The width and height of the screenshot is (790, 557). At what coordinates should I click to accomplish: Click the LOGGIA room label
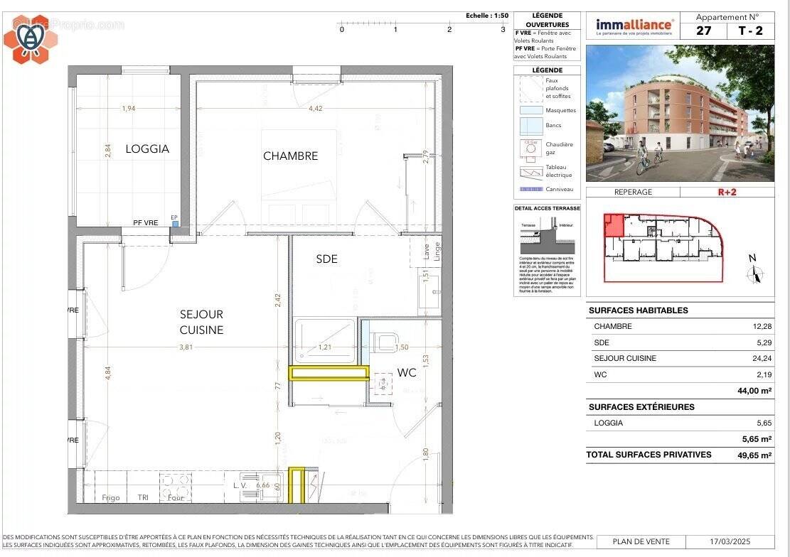tap(147, 148)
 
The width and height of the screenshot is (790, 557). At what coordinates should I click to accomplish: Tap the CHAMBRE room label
tap(290, 156)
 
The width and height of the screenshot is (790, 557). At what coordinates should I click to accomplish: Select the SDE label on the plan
tap(326, 259)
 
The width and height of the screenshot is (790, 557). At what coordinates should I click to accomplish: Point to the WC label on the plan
tap(406, 372)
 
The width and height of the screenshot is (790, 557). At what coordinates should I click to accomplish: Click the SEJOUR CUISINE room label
tap(201, 322)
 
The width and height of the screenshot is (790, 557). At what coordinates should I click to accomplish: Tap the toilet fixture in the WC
tap(385, 342)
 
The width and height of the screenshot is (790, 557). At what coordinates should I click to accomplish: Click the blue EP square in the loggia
tap(175, 223)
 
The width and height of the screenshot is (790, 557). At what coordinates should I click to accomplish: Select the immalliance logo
tap(634, 26)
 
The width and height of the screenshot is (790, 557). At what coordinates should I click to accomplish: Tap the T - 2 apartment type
tap(749, 31)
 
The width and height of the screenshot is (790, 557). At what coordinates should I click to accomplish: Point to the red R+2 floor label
tap(727, 192)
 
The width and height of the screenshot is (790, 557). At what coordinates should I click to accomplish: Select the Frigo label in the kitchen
tap(110, 497)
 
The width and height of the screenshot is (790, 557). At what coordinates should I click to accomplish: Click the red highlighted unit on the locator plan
tap(612, 226)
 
